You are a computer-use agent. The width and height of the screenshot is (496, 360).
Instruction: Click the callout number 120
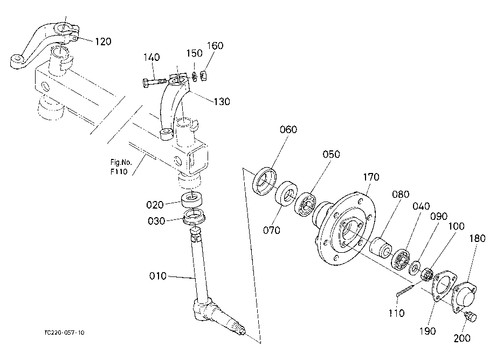(x=103, y=41)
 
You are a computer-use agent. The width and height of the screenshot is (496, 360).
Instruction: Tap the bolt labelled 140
(x=154, y=82)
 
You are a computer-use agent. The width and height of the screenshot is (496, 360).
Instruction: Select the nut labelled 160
(x=203, y=75)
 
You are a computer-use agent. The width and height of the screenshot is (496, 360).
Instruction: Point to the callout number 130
(x=222, y=101)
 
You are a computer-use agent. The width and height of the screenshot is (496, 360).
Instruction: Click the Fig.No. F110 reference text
(x=121, y=167)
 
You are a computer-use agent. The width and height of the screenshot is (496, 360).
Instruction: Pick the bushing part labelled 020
(x=192, y=199)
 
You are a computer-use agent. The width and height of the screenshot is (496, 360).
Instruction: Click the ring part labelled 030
(x=195, y=217)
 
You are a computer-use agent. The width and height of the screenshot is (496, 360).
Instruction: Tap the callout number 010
(x=157, y=276)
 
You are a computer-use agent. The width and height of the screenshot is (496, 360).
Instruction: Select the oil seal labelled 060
(x=265, y=182)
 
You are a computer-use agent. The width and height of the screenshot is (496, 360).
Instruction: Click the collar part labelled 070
(x=286, y=193)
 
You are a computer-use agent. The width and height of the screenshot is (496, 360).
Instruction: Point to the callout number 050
(x=331, y=154)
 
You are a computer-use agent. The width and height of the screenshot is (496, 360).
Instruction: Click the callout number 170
(x=371, y=177)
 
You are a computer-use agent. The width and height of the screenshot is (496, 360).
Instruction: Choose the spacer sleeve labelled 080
(x=381, y=246)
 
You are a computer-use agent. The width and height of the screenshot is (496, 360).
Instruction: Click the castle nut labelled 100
(x=427, y=274)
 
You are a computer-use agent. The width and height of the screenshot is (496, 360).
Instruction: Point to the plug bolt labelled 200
(x=470, y=316)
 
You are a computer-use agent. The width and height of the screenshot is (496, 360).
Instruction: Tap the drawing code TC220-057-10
(x=65, y=333)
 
